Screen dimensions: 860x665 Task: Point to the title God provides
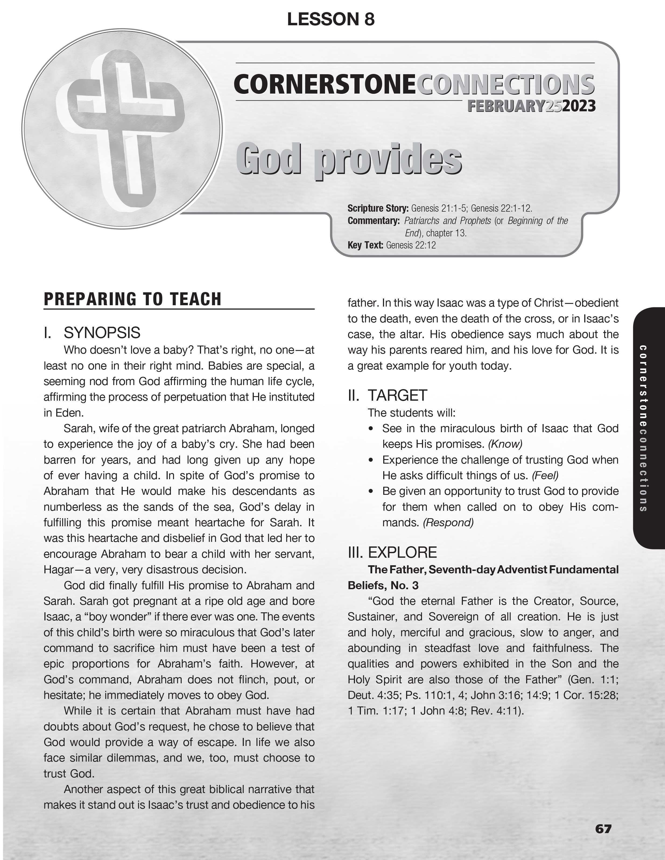pyautogui.click(x=349, y=160)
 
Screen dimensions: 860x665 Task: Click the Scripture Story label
pyautogui.click(x=377, y=208)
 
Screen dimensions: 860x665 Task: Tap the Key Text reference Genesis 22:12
pyautogui.click(x=411, y=245)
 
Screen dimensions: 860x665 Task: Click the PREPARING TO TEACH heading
pyautogui.click(x=132, y=299)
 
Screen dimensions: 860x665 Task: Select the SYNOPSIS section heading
pyautogui.click(x=102, y=333)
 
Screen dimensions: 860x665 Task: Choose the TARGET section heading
pyautogui.click(x=397, y=395)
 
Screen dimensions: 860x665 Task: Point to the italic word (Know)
pyautogui.click(x=505, y=444)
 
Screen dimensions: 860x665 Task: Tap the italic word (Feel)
pyautogui.click(x=545, y=476)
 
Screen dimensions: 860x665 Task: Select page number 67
pyautogui.click(x=603, y=829)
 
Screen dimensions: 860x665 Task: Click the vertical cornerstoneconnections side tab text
pyautogui.click(x=643, y=428)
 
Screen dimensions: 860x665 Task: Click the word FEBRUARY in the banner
pyautogui.click(x=506, y=106)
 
